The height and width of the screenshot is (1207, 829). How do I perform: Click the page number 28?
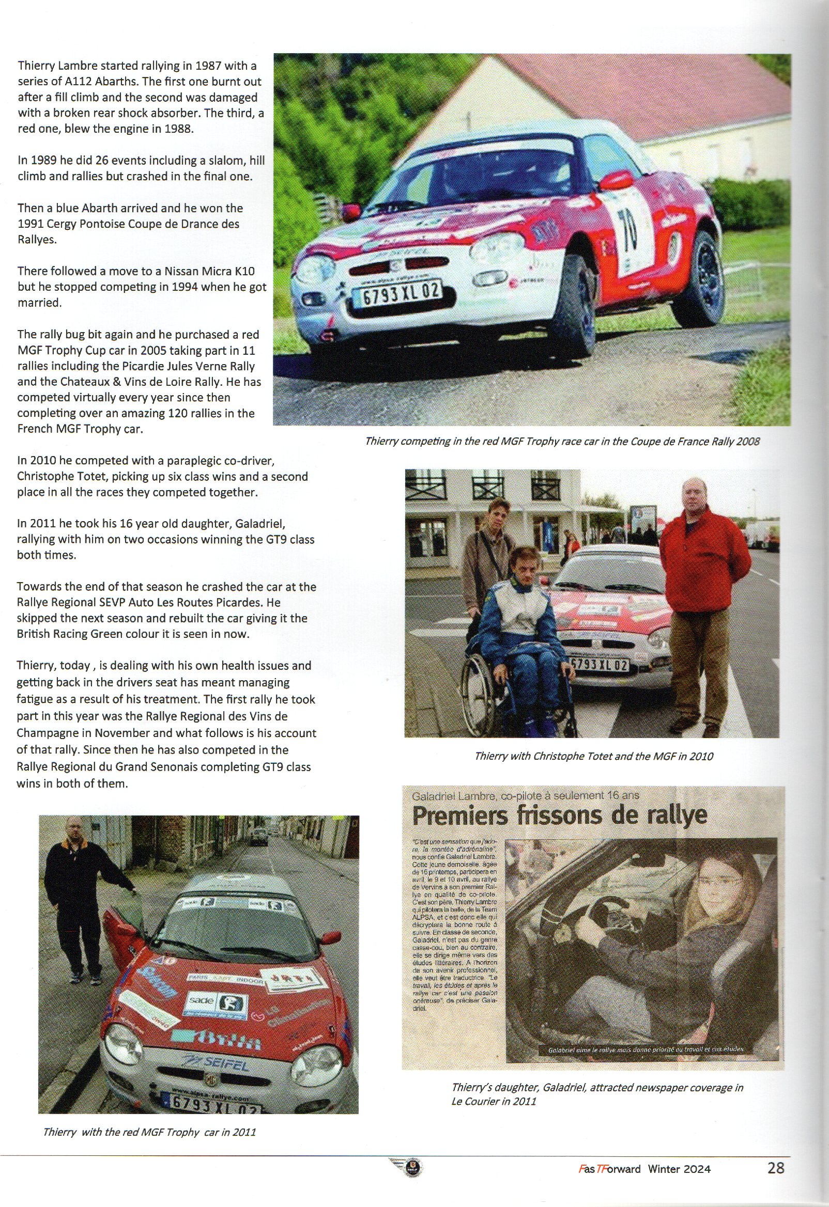(775, 1168)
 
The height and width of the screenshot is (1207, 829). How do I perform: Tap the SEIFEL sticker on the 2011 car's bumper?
(214, 1062)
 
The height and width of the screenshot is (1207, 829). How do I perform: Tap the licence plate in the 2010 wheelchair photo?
(600, 664)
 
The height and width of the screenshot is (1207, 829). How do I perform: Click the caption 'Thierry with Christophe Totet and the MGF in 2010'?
(593, 756)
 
